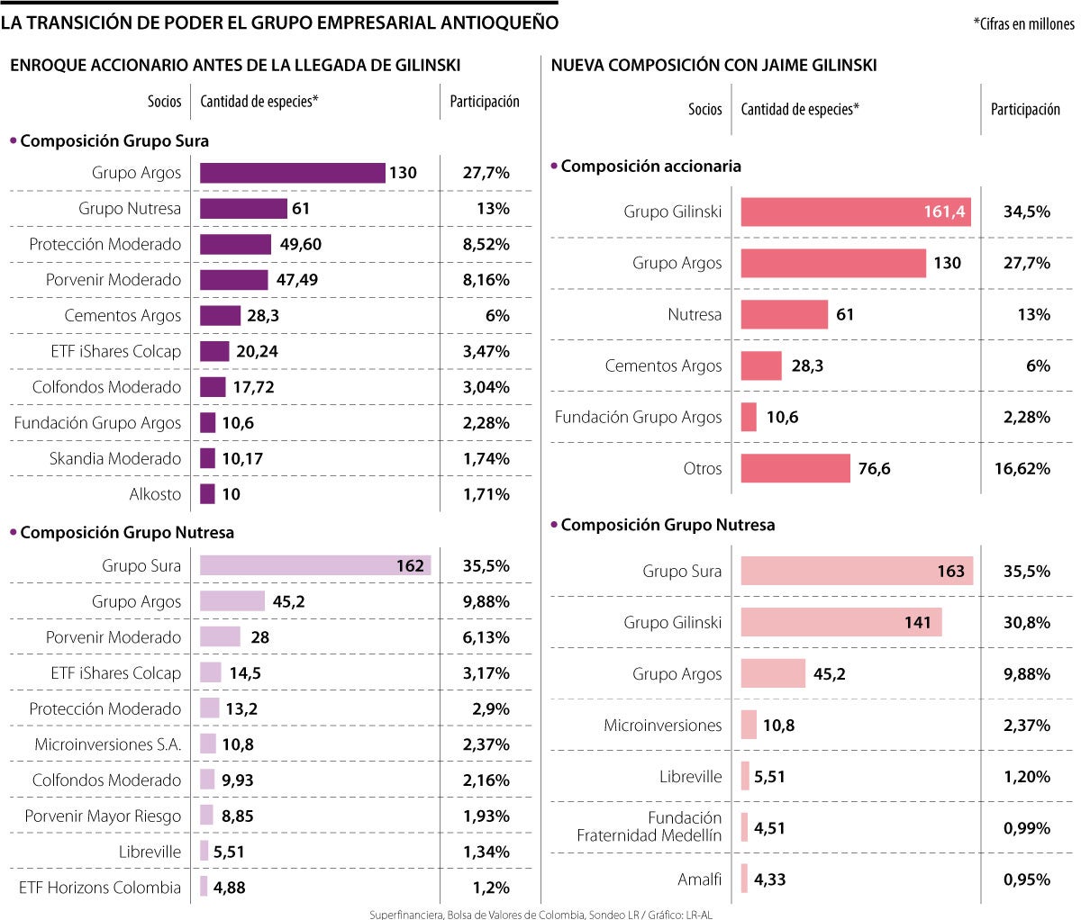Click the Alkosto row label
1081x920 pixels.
(x=155, y=494)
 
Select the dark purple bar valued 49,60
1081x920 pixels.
(x=235, y=244)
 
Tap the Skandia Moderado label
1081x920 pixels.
(x=115, y=458)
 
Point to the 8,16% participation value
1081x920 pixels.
(x=486, y=280)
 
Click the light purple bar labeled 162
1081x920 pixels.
(x=315, y=565)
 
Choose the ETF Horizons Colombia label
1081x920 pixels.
(x=100, y=888)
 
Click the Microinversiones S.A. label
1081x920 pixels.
(x=108, y=744)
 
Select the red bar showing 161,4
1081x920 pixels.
(x=856, y=212)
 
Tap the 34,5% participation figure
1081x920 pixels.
(x=1027, y=212)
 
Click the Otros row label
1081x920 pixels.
(x=703, y=468)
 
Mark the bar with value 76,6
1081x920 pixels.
(x=795, y=468)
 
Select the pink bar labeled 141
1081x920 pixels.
(x=841, y=622)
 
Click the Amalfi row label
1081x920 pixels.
(x=700, y=879)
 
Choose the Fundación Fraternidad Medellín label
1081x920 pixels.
(x=650, y=826)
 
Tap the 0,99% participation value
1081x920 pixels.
(x=1027, y=827)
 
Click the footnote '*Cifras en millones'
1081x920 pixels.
(x=1023, y=24)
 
